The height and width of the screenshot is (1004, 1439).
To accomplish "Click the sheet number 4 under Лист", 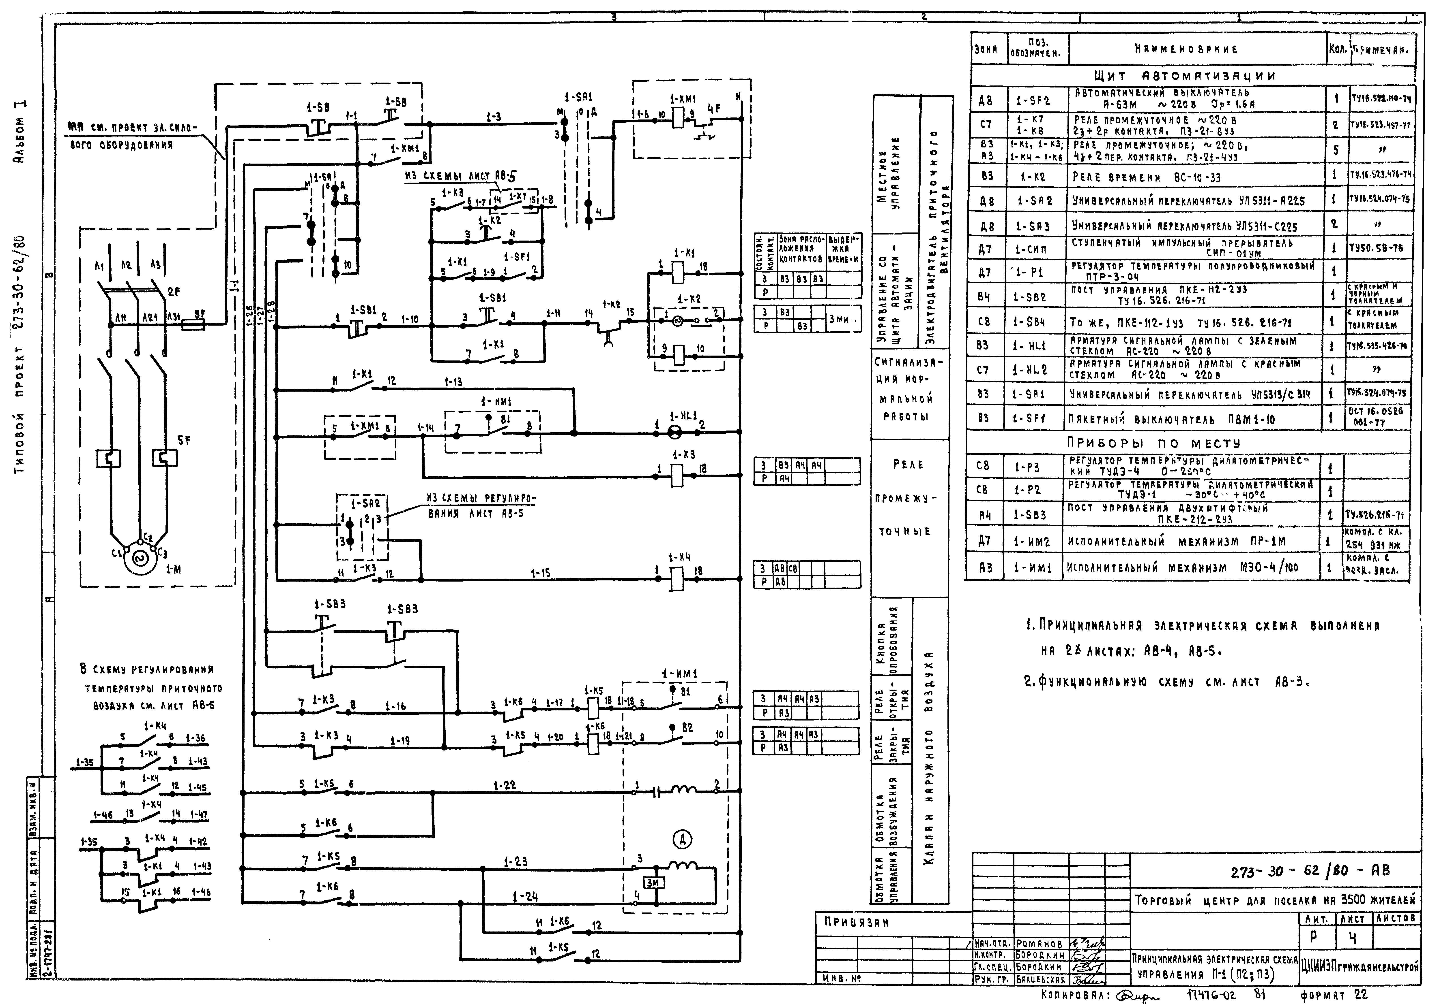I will (x=1353, y=938).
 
